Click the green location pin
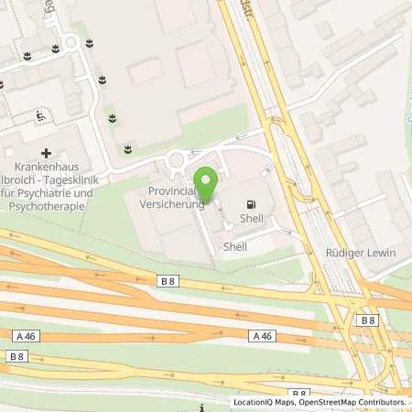pyautogui.click(x=206, y=181)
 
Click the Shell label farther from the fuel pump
pyautogui.click(x=234, y=247)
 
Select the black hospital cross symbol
pyautogui.click(x=46, y=153)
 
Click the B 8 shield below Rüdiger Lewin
pyautogui.click(x=368, y=320)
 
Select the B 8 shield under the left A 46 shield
pyautogui.click(x=16, y=355)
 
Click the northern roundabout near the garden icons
pyautogui.click(x=70, y=41)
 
